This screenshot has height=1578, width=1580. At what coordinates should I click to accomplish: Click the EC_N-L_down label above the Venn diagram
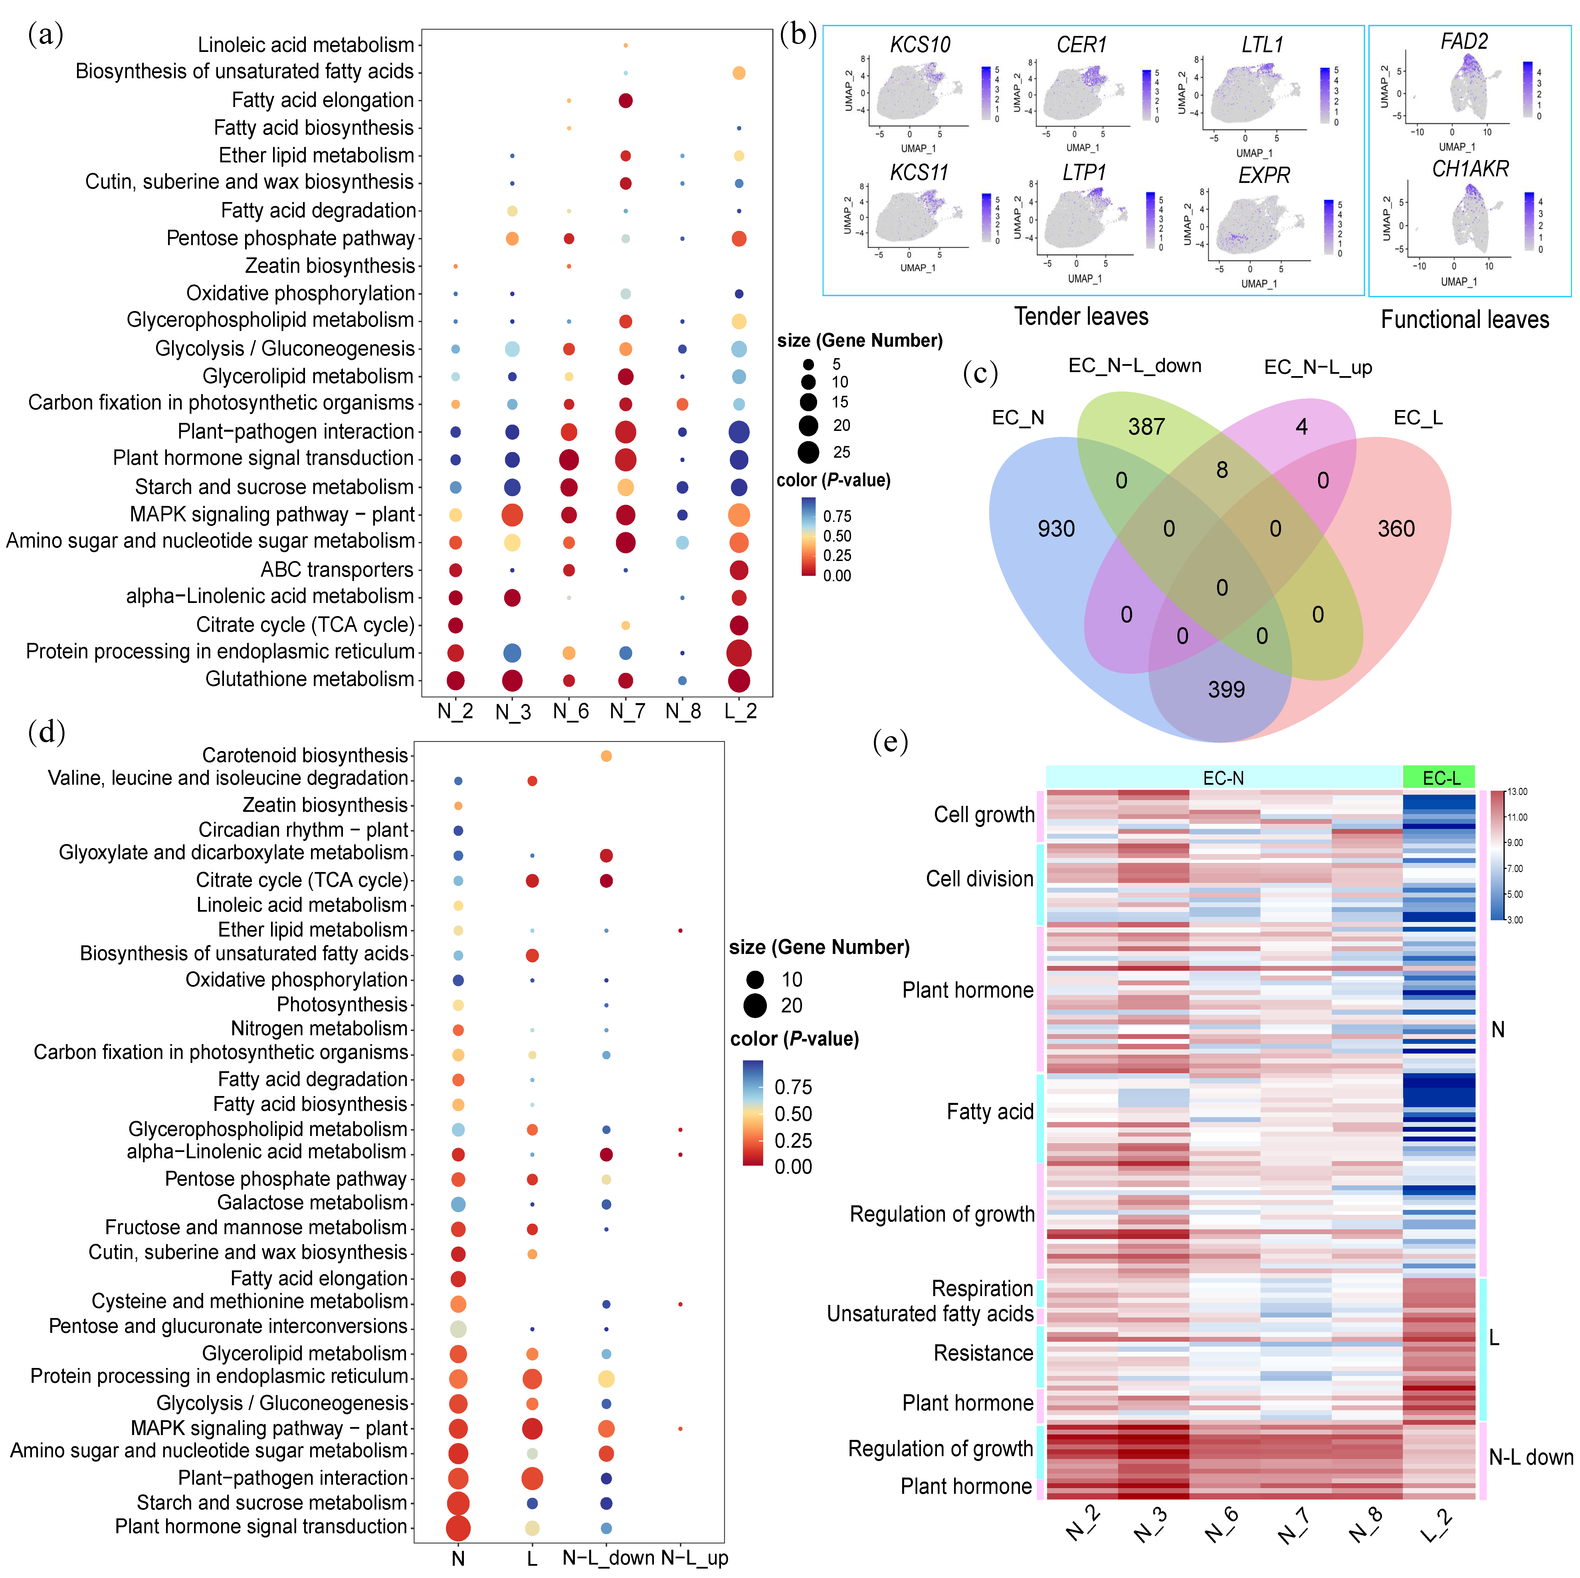[x=1134, y=366]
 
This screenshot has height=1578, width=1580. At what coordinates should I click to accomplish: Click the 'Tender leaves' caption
[x=1081, y=316]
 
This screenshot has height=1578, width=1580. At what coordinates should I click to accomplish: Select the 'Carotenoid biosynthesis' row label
[x=304, y=755]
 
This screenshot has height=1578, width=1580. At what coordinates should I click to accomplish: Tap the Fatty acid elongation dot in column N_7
[x=626, y=101]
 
